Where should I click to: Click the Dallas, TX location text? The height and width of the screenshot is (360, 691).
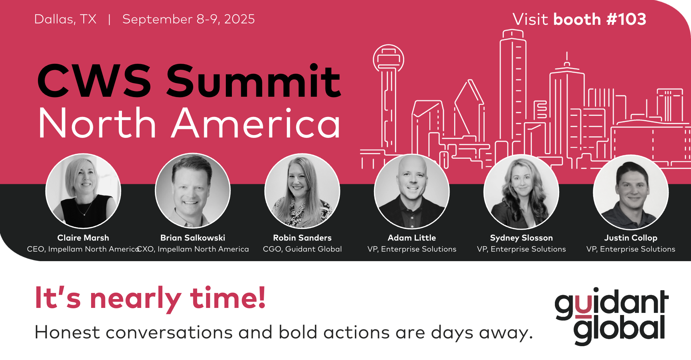click(65, 19)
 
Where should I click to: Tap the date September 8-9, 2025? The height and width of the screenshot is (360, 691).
click(189, 19)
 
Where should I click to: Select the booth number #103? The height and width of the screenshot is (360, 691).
click(626, 19)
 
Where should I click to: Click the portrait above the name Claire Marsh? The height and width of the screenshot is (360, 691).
click(83, 191)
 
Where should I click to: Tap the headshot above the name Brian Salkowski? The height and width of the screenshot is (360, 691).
click(193, 191)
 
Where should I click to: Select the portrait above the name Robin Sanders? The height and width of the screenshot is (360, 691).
click(302, 191)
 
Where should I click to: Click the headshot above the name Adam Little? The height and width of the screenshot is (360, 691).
click(412, 191)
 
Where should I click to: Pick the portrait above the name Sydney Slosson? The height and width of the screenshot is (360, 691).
click(522, 191)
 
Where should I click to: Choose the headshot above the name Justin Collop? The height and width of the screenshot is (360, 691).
click(631, 192)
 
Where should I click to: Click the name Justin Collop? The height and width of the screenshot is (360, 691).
click(631, 238)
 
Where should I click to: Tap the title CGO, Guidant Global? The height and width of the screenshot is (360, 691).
click(302, 249)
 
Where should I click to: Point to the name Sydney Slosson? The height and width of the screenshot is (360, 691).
click(522, 238)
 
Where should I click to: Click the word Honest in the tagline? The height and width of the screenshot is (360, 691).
click(67, 332)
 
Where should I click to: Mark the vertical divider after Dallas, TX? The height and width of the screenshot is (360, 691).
click(110, 19)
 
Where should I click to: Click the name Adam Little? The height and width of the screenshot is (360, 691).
click(412, 238)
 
